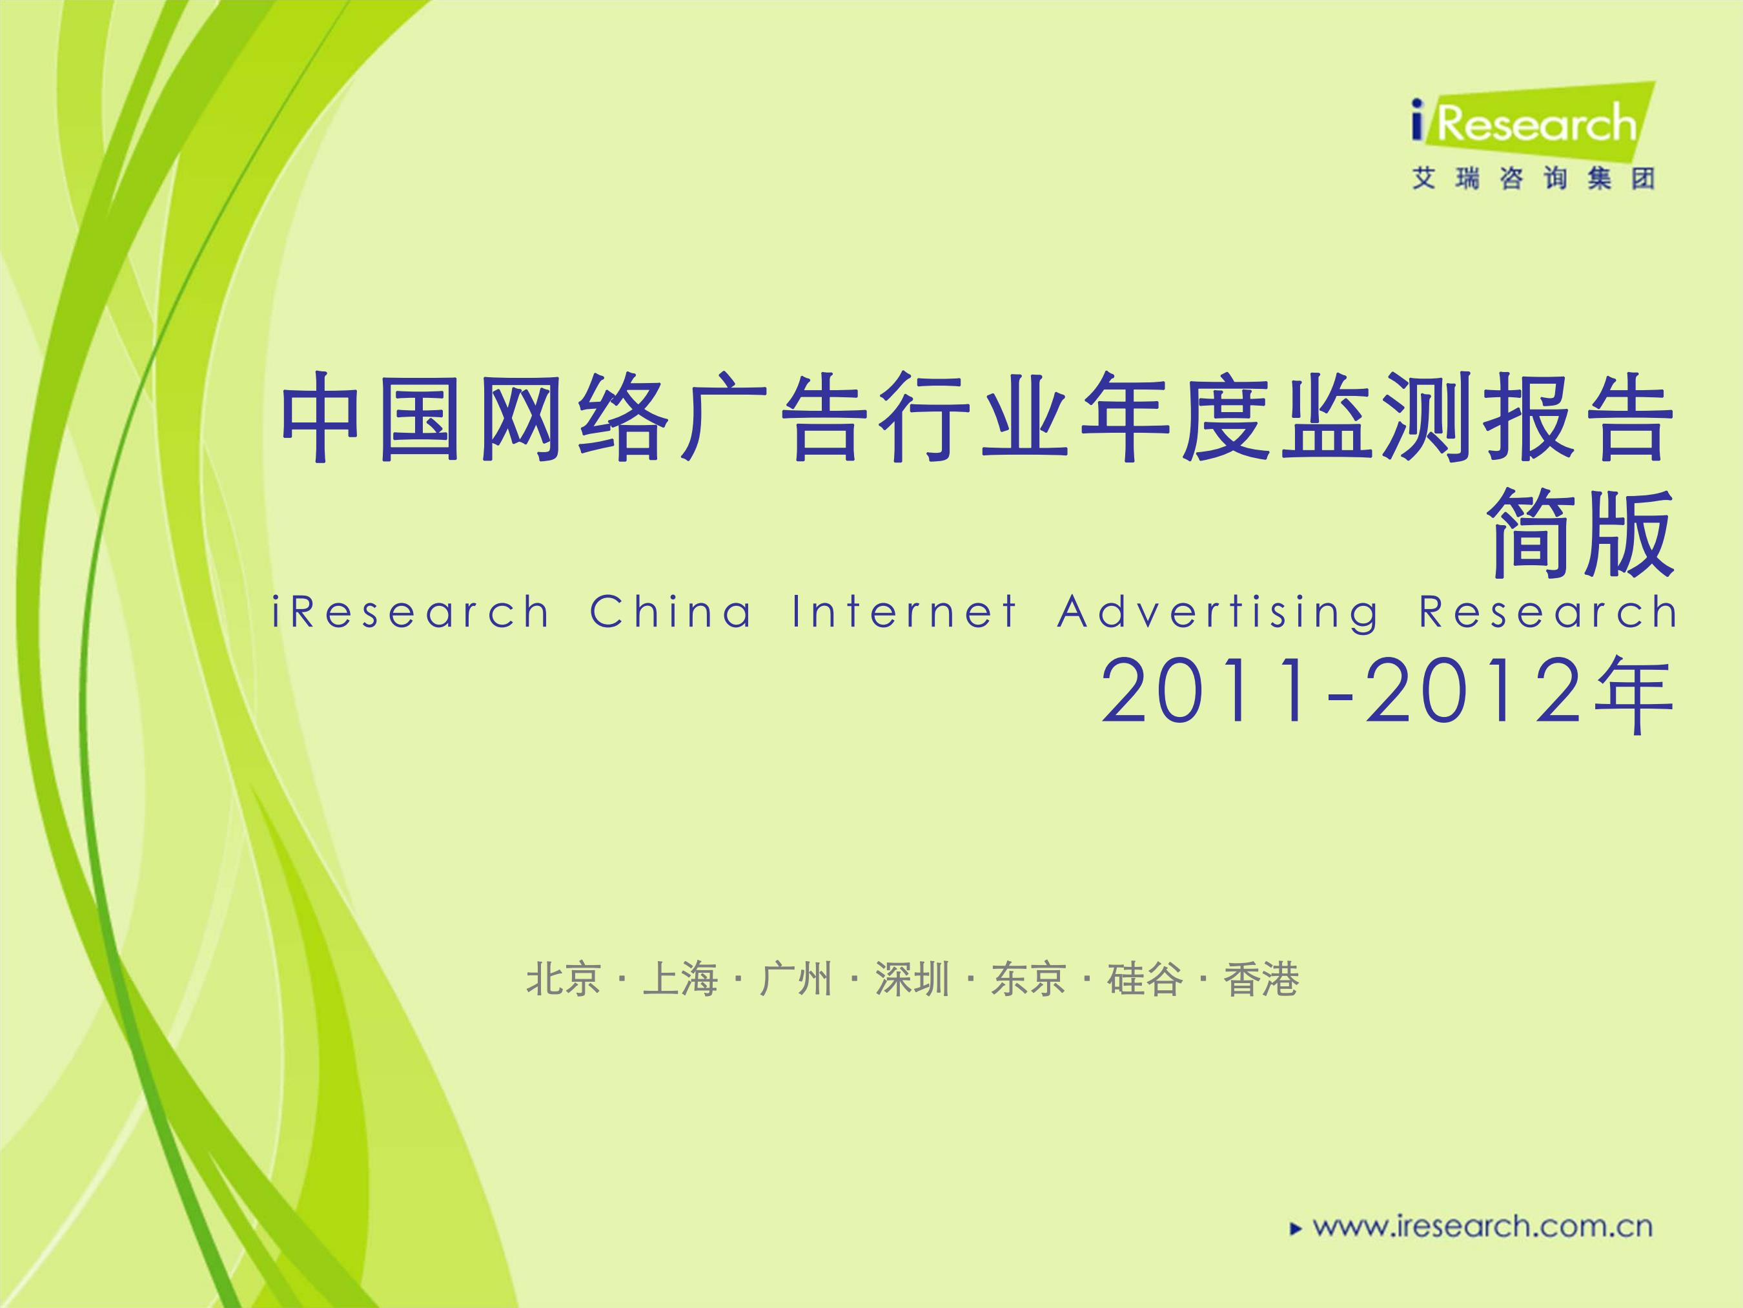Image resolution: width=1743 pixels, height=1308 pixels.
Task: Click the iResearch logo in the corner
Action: tap(1533, 124)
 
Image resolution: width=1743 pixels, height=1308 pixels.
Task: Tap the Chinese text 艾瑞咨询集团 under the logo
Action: tap(1533, 180)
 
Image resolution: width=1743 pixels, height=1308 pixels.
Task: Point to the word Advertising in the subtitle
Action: tap(1218, 614)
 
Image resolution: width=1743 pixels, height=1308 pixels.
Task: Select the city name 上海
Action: tap(679, 980)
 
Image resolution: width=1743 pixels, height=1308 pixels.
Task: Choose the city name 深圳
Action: tap(912, 980)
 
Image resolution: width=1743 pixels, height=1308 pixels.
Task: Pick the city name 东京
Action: tap(1028, 980)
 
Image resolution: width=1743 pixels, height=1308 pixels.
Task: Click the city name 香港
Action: tap(1261, 980)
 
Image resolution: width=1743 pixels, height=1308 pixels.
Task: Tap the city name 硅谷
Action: tap(1145, 980)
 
